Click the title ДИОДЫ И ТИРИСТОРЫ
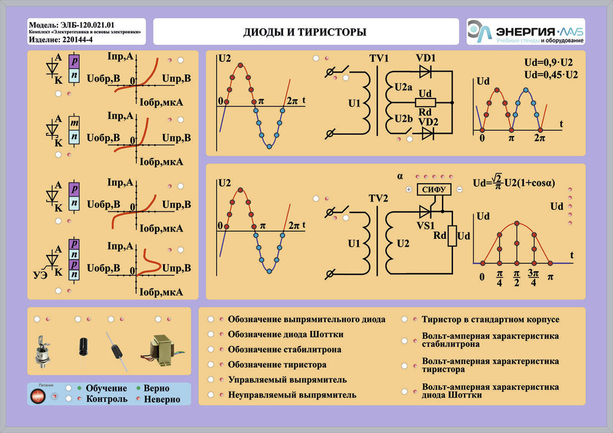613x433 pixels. click(305, 32)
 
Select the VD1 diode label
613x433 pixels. click(425, 58)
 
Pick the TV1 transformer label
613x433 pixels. click(379, 58)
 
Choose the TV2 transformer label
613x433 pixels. click(379, 199)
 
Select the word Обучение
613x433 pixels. click(107, 388)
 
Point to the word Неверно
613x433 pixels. click(162, 399)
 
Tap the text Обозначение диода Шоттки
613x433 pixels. click(285, 334)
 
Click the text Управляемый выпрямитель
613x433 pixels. click(287, 380)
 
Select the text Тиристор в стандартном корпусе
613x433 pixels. click(490, 320)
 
